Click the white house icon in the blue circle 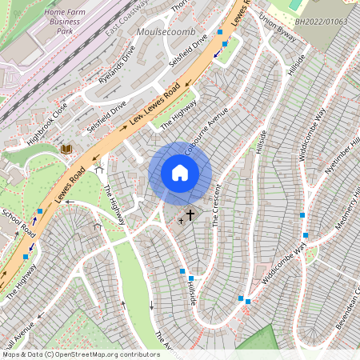coord(180,173)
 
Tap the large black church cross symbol coord(190,215)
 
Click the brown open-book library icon coord(66,149)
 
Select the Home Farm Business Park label coord(67,23)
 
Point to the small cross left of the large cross coord(181,220)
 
